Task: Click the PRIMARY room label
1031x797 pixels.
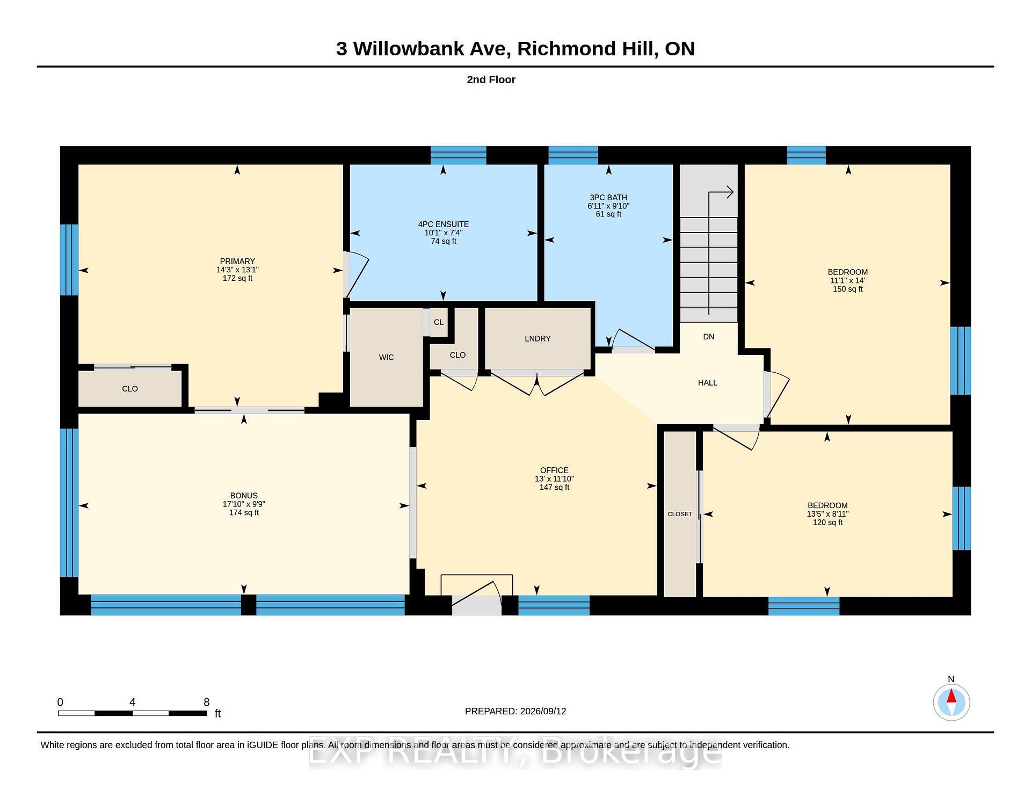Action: tap(237, 262)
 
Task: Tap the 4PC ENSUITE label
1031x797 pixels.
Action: tap(444, 224)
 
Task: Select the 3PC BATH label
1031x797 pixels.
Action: tap(608, 198)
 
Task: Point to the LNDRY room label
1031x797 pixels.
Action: tap(538, 339)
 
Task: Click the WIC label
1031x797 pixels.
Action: tap(386, 358)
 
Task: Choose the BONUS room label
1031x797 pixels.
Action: tap(244, 496)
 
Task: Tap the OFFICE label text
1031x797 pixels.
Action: tap(554, 470)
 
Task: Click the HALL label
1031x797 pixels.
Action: tap(708, 383)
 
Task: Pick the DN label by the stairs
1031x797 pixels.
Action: tap(709, 337)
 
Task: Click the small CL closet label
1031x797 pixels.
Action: tap(439, 322)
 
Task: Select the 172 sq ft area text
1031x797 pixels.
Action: tap(237, 278)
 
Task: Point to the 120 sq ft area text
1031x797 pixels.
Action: tap(827, 523)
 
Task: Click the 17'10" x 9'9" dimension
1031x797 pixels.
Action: tap(244, 504)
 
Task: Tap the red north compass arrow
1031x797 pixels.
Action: tap(952, 696)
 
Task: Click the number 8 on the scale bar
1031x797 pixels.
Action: tap(207, 702)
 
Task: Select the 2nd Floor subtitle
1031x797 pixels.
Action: tap(491, 79)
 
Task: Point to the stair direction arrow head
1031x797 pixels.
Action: tap(730, 192)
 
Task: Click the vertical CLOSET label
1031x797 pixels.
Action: tap(680, 515)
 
